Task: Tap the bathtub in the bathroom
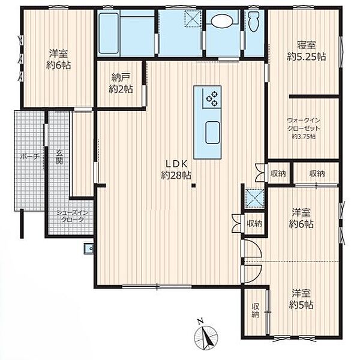click(109, 33)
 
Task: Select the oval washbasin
click(222, 22)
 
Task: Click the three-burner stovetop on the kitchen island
click(212, 98)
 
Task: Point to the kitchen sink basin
click(212, 133)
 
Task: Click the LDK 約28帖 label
click(176, 170)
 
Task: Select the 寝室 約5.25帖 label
click(306, 50)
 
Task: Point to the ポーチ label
click(30, 157)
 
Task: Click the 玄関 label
click(59, 157)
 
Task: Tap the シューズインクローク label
click(73, 216)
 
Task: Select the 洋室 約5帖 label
click(301, 299)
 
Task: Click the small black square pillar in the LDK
click(194, 185)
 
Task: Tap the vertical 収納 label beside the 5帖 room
click(255, 310)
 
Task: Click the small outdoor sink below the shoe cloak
click(89, 248)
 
